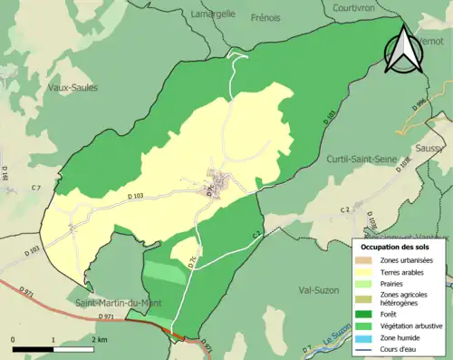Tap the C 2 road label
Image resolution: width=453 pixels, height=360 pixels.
pyautogui.click(x=344, y=210)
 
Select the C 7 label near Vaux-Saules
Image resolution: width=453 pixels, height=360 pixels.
pyautogui.click(x=35, y=187)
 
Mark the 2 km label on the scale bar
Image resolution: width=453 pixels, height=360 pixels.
pyautogui.click(x=101, y=338)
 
